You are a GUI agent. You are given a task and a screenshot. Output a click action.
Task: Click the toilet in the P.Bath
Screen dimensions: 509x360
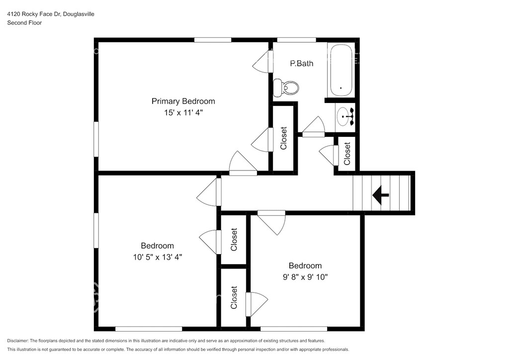click(286, 88)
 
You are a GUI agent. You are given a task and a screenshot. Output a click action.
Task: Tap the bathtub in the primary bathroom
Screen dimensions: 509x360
click(340, 70)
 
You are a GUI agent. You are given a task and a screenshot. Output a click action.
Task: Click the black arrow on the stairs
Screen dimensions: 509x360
click(380, 195)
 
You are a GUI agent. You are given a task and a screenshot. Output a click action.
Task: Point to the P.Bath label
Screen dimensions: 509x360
click(302, 63)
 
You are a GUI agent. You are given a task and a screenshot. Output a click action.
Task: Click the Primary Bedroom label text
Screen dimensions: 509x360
click(183, 101)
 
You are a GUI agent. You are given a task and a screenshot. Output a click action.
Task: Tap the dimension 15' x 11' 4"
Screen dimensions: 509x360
click(183, 113)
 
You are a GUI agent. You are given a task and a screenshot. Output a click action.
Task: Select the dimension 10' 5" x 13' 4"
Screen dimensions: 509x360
click(158, 257)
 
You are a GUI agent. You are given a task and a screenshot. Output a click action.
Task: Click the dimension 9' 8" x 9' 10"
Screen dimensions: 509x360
click(305, 277)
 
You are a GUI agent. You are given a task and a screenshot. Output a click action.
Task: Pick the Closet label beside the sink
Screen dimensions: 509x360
click(347, 154)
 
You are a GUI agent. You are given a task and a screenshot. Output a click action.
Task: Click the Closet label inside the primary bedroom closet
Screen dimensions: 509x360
click(283, 138)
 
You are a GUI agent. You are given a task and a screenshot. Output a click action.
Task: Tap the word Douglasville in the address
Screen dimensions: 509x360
click(79, 14)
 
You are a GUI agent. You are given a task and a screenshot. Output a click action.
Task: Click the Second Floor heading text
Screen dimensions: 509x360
click(24, 23)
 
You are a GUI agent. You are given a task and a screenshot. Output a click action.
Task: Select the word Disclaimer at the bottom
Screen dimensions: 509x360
click(17, 341)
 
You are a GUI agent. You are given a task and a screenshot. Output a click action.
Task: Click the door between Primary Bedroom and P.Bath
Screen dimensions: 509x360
click(263, 61)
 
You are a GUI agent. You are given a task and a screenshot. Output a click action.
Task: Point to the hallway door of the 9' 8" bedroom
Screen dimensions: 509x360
click(272, 222)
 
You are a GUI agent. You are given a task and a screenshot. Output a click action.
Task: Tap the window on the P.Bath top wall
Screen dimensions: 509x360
click(296, 40)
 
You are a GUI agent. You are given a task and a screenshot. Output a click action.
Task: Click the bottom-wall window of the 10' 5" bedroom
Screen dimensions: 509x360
click(149, 329)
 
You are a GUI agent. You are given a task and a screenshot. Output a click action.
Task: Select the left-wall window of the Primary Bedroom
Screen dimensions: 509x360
click(96, 139)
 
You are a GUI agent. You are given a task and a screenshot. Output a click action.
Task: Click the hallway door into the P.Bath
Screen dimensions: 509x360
click(313, 127)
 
